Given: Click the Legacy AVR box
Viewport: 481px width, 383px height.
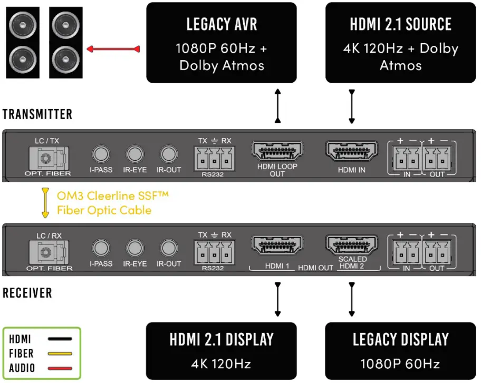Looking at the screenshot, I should click(x=221, y=43).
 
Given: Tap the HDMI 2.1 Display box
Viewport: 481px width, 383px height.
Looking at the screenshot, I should click(x=221, y=351).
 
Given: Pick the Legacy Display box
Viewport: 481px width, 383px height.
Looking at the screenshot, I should click(x=400, y=351).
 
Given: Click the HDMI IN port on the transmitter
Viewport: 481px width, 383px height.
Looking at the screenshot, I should click(x=352, y=152).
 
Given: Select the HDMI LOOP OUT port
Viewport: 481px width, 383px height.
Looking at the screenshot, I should click(x=277, y=152).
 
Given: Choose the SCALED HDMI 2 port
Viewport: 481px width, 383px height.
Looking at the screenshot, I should click(x=352, y=245).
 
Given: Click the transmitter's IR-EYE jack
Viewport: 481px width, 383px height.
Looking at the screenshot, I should click(x=134, y=154).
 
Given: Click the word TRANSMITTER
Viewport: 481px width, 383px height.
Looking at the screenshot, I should click(x=37, y=114).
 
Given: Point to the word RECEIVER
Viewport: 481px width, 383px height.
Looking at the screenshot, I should click(x=27, y=293).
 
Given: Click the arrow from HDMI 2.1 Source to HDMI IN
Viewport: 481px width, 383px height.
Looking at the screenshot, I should click(x=352, y=106).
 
